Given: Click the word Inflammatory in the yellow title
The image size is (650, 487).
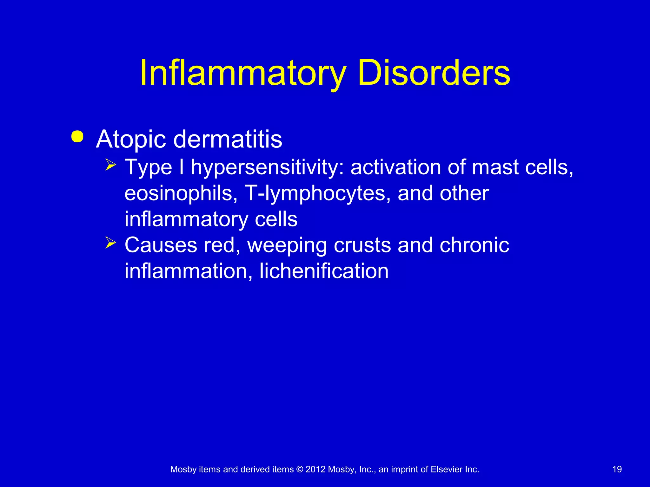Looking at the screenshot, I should tap(242, 74).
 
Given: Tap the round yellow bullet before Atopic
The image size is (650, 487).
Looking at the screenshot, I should tap(77, 137).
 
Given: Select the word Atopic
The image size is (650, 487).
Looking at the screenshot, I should tap(131, 140).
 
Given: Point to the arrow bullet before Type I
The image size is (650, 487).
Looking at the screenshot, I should tap(111, 165).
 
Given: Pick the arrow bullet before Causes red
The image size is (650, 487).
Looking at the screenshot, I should tap(111, 243).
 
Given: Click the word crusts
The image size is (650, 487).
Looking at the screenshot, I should tap(362, 245).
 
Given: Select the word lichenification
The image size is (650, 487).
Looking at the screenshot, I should tap(324, 271).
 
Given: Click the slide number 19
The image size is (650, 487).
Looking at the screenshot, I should tap(617, 469).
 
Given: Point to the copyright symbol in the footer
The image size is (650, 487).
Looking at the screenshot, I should tap(300, 469).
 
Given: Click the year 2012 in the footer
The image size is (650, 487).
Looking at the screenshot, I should tap(315, 469).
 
